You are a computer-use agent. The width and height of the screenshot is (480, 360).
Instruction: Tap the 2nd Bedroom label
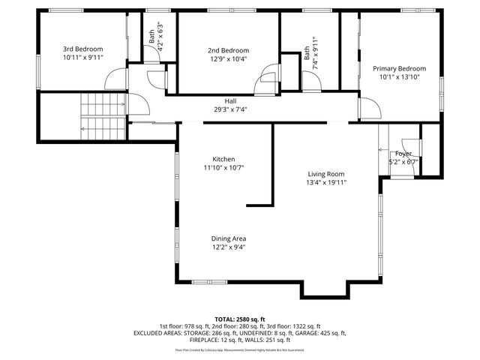(228, 50)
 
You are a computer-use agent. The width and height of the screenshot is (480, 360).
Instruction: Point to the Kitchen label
(223, 159)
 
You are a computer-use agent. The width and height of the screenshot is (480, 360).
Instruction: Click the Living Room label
(325, 173)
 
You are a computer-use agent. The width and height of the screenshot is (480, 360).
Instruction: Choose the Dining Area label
(228, 238)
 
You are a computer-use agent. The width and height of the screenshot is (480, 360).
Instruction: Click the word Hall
(231, 100)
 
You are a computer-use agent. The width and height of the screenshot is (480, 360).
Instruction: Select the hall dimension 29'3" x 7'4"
(231, 109)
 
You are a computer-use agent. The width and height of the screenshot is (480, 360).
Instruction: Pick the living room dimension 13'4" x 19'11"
(325, 182)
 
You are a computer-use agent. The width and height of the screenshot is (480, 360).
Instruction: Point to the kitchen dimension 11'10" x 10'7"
(223, 168)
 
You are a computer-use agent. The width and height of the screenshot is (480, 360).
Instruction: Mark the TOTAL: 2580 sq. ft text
(240, 319)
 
